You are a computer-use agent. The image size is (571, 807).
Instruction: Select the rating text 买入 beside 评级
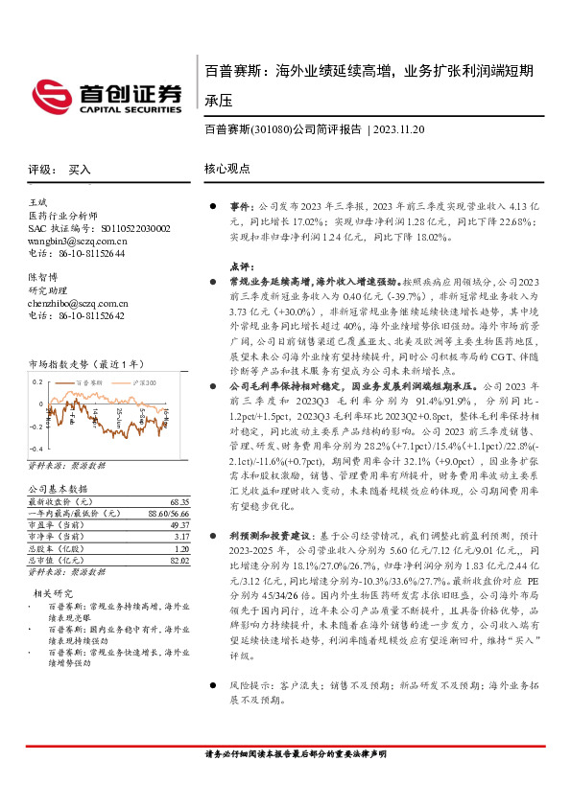79,169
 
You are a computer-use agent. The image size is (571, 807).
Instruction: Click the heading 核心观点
227,169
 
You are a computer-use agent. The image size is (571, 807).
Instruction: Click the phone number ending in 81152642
90,314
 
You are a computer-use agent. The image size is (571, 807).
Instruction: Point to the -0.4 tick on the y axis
36,449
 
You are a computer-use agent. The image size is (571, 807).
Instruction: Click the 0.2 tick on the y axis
37,380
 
